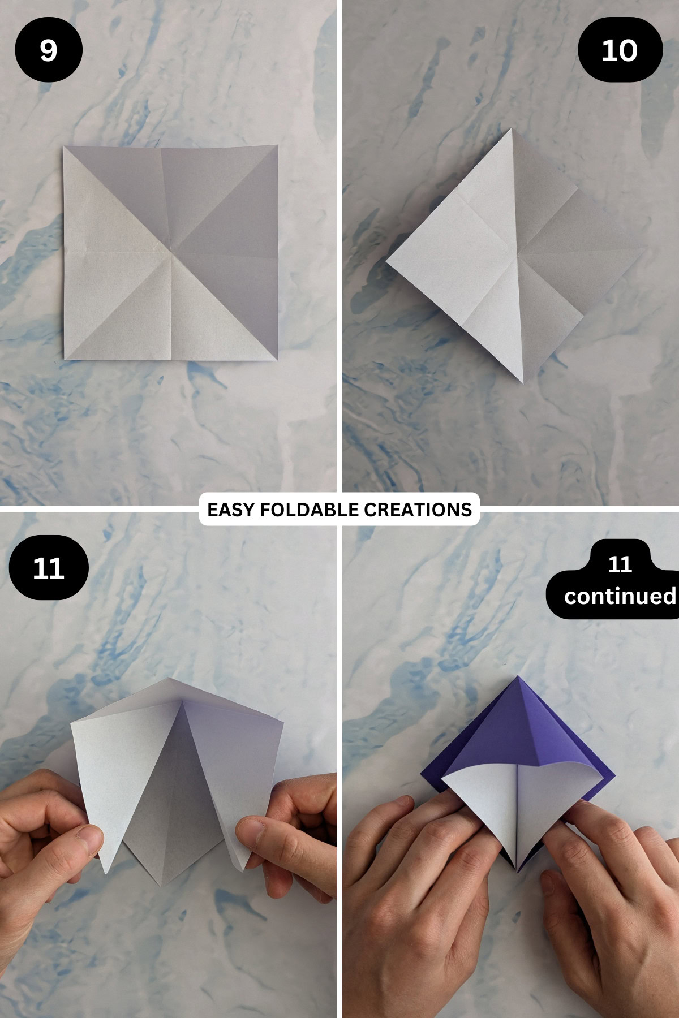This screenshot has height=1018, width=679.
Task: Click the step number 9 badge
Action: tap(49, 50)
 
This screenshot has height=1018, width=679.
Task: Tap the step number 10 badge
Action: tap(620, 50)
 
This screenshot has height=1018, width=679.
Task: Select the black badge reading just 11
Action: tap(49, 567)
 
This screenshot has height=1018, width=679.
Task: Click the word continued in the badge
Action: tap(620, 596)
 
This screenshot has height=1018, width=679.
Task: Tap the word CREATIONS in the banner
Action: tap(418, 510)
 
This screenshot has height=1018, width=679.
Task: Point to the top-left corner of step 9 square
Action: tap(65, 147)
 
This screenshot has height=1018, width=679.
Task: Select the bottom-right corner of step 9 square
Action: tap(277, 359)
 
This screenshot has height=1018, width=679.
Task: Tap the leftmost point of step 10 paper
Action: tap(386, 261)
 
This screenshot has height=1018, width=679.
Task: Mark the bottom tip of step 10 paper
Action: tap(523, 382)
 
